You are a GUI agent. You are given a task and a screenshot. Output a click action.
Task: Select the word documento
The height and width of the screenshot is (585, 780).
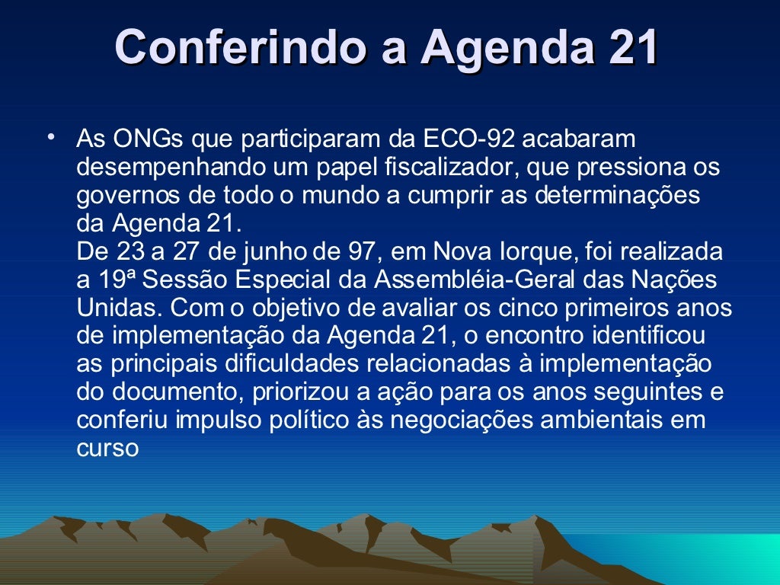pyautogui.click(x=181, y=392)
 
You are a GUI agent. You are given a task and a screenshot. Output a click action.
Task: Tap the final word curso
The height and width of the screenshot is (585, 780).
pyautogui.click(x=107, y=447)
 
